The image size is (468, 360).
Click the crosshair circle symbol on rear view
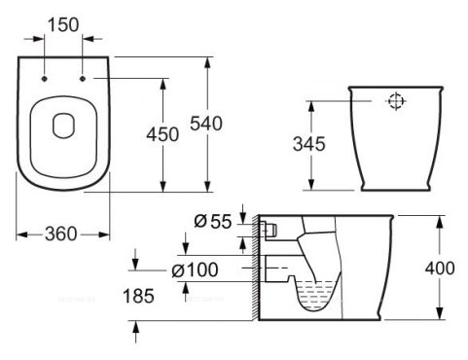(x=395, y=99)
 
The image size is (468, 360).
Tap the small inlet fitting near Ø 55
(x=269, y=229)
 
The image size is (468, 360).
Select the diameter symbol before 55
(x=198, y=222)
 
